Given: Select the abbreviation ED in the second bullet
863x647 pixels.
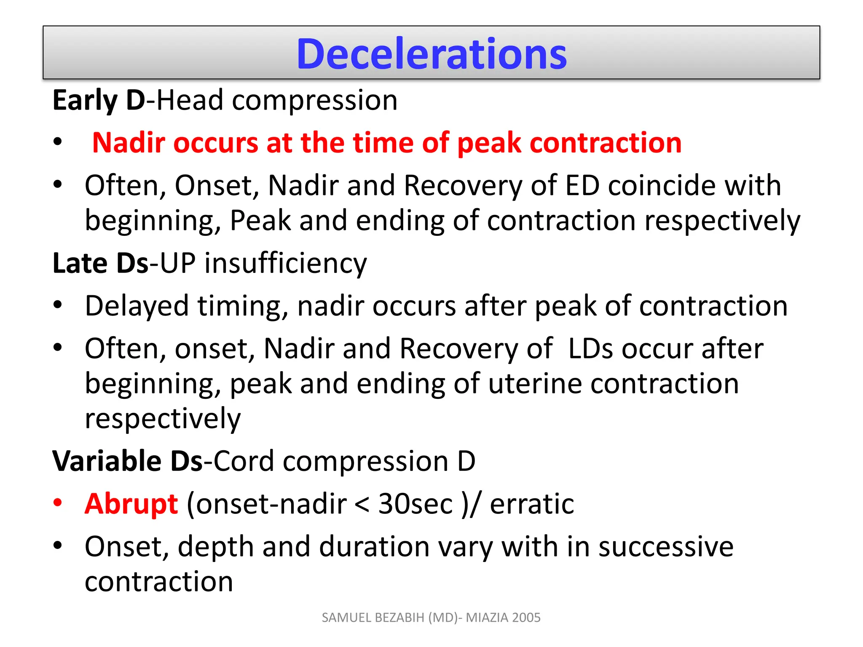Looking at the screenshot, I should [x=582, y=185].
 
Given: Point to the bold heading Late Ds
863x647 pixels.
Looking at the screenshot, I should [x=100, y=263].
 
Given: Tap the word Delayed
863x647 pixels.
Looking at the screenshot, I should [x=137, y=306].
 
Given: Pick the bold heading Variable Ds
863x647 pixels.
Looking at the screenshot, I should [x=127, y=461].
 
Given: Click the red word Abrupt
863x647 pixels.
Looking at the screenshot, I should [x=131, y=504].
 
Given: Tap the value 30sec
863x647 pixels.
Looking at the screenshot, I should [x=415, y=504].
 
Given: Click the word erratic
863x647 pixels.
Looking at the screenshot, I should [x=532, y=504].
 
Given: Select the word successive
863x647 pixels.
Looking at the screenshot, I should [x=666, y=547].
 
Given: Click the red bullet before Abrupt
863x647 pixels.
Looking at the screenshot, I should [x=58, y=502].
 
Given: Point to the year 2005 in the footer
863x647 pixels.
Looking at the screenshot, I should [x=526, y=618].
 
